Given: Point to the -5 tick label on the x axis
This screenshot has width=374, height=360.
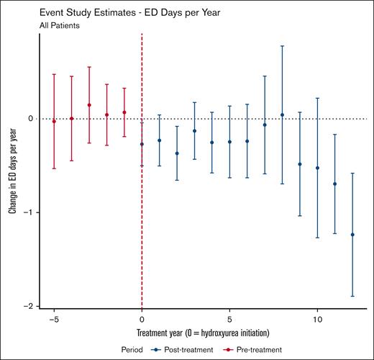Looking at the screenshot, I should point(53,318).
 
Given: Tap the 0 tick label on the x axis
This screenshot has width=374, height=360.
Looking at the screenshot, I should point(142,318).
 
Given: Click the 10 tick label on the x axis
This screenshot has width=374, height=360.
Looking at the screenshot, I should point(317,318).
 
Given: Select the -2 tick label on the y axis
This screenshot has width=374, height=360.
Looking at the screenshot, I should point(30,307).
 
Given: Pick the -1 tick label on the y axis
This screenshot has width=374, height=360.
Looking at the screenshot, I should point(30,213).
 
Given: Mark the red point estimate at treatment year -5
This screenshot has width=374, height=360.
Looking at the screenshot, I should point(54,122).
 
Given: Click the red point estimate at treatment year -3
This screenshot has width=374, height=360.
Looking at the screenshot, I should point(89,105).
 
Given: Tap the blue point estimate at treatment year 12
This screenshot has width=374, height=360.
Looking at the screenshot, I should point(352,235).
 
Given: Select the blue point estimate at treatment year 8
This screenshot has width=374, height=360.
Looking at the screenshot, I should point(282,114).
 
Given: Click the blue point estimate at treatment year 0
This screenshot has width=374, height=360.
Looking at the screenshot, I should point(142,144).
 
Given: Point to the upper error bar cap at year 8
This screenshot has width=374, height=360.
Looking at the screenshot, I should point(282,46).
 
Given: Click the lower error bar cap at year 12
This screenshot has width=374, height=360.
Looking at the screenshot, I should point(352,296).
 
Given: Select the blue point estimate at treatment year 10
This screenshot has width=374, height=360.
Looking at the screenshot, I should point(317,168).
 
